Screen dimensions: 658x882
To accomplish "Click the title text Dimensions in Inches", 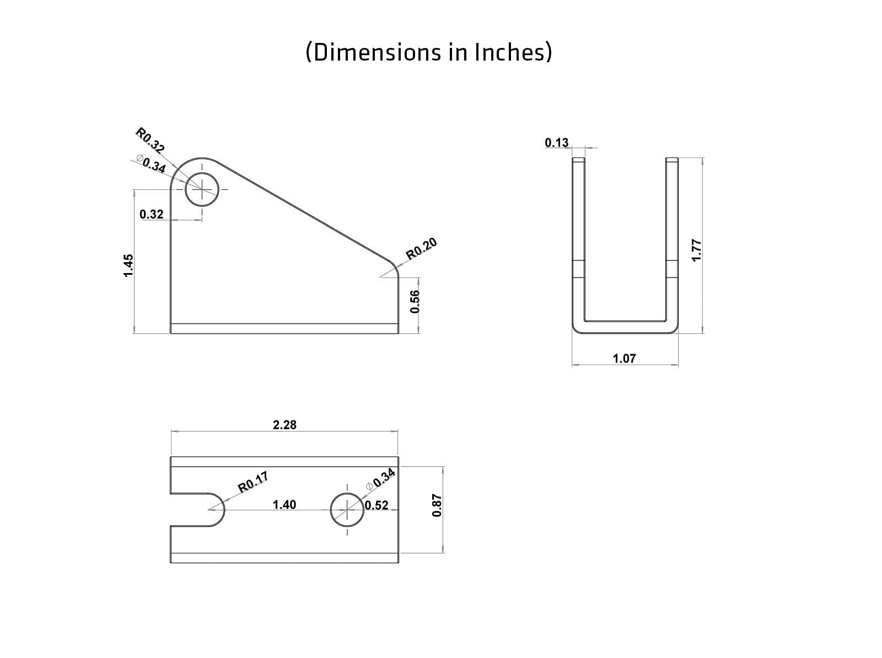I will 428,52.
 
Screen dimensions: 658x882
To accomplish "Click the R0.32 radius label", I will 150,140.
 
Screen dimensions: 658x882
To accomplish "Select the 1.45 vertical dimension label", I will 128,265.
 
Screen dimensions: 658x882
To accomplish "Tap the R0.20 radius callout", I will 422,248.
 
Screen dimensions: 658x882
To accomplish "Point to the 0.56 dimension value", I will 416,301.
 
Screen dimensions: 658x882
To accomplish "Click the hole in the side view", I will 202,190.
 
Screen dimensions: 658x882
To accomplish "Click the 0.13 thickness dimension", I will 556,143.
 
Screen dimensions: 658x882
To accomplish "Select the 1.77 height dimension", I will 696,250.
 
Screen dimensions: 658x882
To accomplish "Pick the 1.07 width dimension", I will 624,358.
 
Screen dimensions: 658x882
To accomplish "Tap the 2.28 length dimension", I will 284,425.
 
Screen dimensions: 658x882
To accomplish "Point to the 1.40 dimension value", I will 284,504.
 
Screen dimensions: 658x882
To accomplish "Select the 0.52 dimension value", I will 377,505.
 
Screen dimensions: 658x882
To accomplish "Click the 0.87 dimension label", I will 437,505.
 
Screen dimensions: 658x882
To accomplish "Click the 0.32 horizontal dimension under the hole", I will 152,214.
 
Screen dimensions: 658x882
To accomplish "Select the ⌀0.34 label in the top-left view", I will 152,165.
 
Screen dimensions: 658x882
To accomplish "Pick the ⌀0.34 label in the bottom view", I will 381,478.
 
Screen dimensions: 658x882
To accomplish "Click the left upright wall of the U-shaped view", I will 578,242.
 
